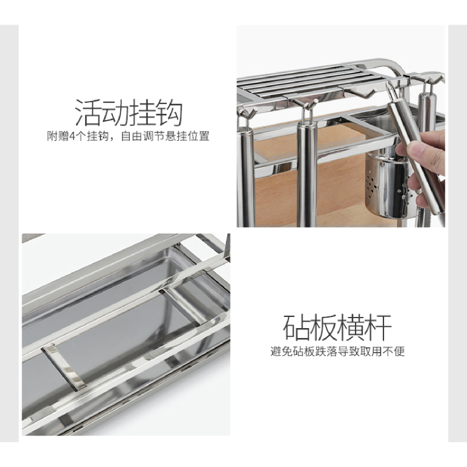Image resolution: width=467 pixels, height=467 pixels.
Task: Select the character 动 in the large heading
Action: click(116, 112)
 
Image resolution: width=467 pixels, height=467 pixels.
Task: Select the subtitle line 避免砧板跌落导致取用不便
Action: click(337, 351)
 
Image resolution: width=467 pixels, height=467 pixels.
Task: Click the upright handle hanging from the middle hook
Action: click(306, 169)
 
